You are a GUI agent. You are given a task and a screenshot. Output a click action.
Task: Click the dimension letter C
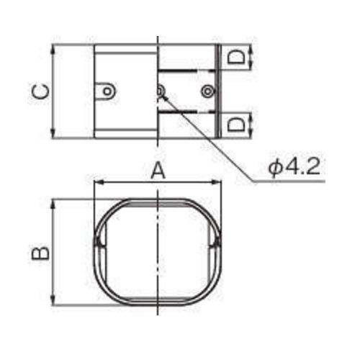pos(41,92)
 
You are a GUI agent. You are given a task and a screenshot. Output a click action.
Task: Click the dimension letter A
pos(158,171)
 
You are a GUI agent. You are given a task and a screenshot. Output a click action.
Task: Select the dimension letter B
pos(40,253)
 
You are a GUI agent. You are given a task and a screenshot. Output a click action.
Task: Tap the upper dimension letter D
pos(236,57)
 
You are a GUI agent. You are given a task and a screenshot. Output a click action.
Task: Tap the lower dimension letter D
pos(236,125)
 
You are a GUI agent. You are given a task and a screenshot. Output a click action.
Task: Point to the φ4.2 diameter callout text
pos(294,167)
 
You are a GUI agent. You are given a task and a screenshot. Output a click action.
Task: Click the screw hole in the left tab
pos(107,91)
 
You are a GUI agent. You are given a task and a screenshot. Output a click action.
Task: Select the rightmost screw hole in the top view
pos(207,91)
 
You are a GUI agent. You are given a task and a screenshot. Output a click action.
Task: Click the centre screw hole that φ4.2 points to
pos(160,91)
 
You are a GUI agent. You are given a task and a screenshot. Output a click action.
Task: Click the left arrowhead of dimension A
pos(97,183)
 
